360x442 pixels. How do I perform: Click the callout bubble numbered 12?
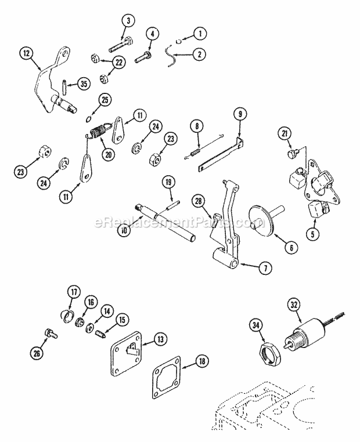(24, 53)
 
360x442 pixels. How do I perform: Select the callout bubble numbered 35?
(84, 84)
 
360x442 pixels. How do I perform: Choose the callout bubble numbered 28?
(199, 201)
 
